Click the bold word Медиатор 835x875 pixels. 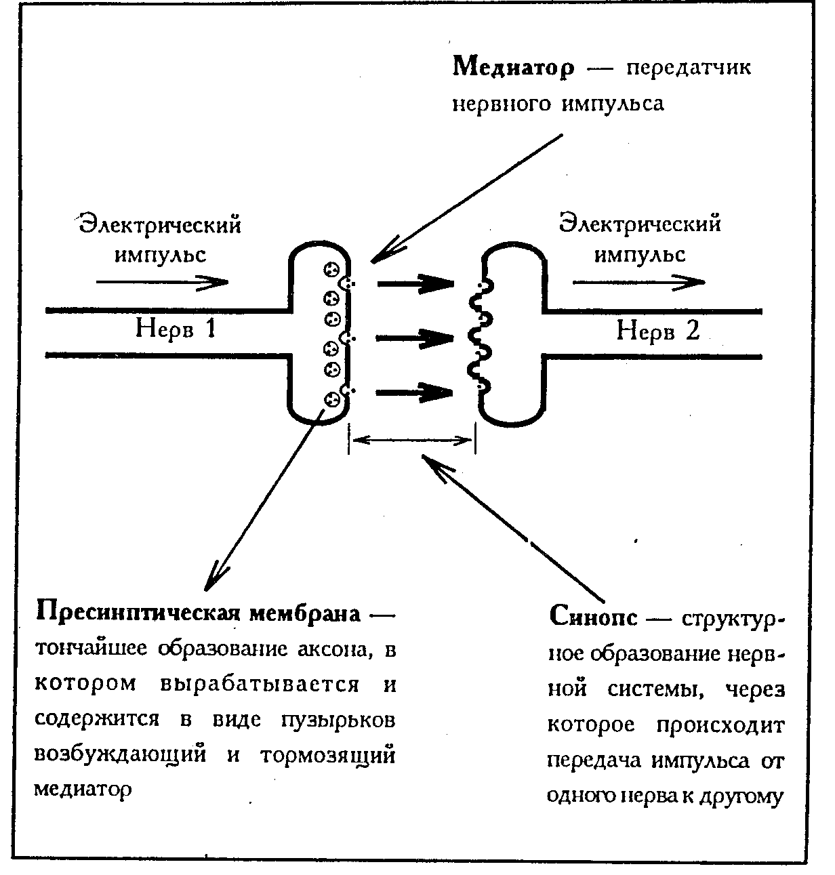tap(513, 68)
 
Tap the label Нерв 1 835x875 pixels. tap(176, 329)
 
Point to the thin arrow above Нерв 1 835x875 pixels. tap(163, 281)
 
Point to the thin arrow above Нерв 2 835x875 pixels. tap(638, 281)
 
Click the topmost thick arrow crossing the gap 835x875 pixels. tap(414, 283)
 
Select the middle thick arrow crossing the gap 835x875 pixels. tap(414, 338)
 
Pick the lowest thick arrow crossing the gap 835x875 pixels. tap(414, 392)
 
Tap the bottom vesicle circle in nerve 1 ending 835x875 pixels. tap(331, 399)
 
